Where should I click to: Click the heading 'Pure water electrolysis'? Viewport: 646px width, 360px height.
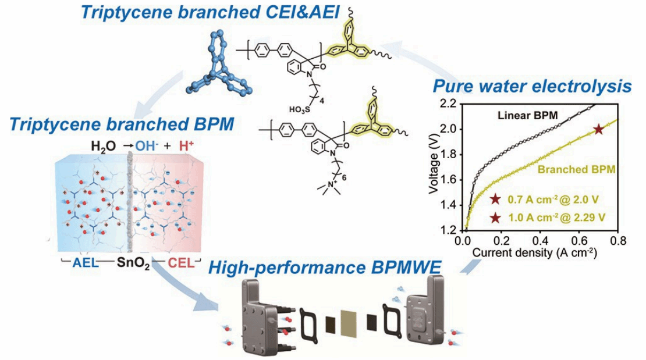(x=532, y=87)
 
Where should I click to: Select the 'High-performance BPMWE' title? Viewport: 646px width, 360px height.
(x=325, y=268)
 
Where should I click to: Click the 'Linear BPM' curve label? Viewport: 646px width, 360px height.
(x=527, y=115)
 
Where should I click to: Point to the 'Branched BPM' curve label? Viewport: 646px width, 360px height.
(x=576, y=169)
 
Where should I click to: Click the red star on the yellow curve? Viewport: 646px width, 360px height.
(x=598, y=130)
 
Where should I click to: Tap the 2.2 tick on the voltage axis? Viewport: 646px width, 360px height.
(x=448, y=104)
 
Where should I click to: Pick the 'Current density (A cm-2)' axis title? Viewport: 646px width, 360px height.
(x=534, y=252)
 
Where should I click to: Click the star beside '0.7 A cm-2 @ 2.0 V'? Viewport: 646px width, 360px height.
(x=495, y=199)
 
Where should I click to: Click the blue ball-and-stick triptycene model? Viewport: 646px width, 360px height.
(x=218, y=64)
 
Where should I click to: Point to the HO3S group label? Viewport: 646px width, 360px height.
(x=300, y=109)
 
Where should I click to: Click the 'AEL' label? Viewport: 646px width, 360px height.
(x=86, y=263)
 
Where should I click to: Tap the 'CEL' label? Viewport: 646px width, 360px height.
(x=181, y=263)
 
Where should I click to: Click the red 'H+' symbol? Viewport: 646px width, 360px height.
(x=186, y=145)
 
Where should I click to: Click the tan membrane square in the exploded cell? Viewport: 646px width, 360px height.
(x=349, y=324)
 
